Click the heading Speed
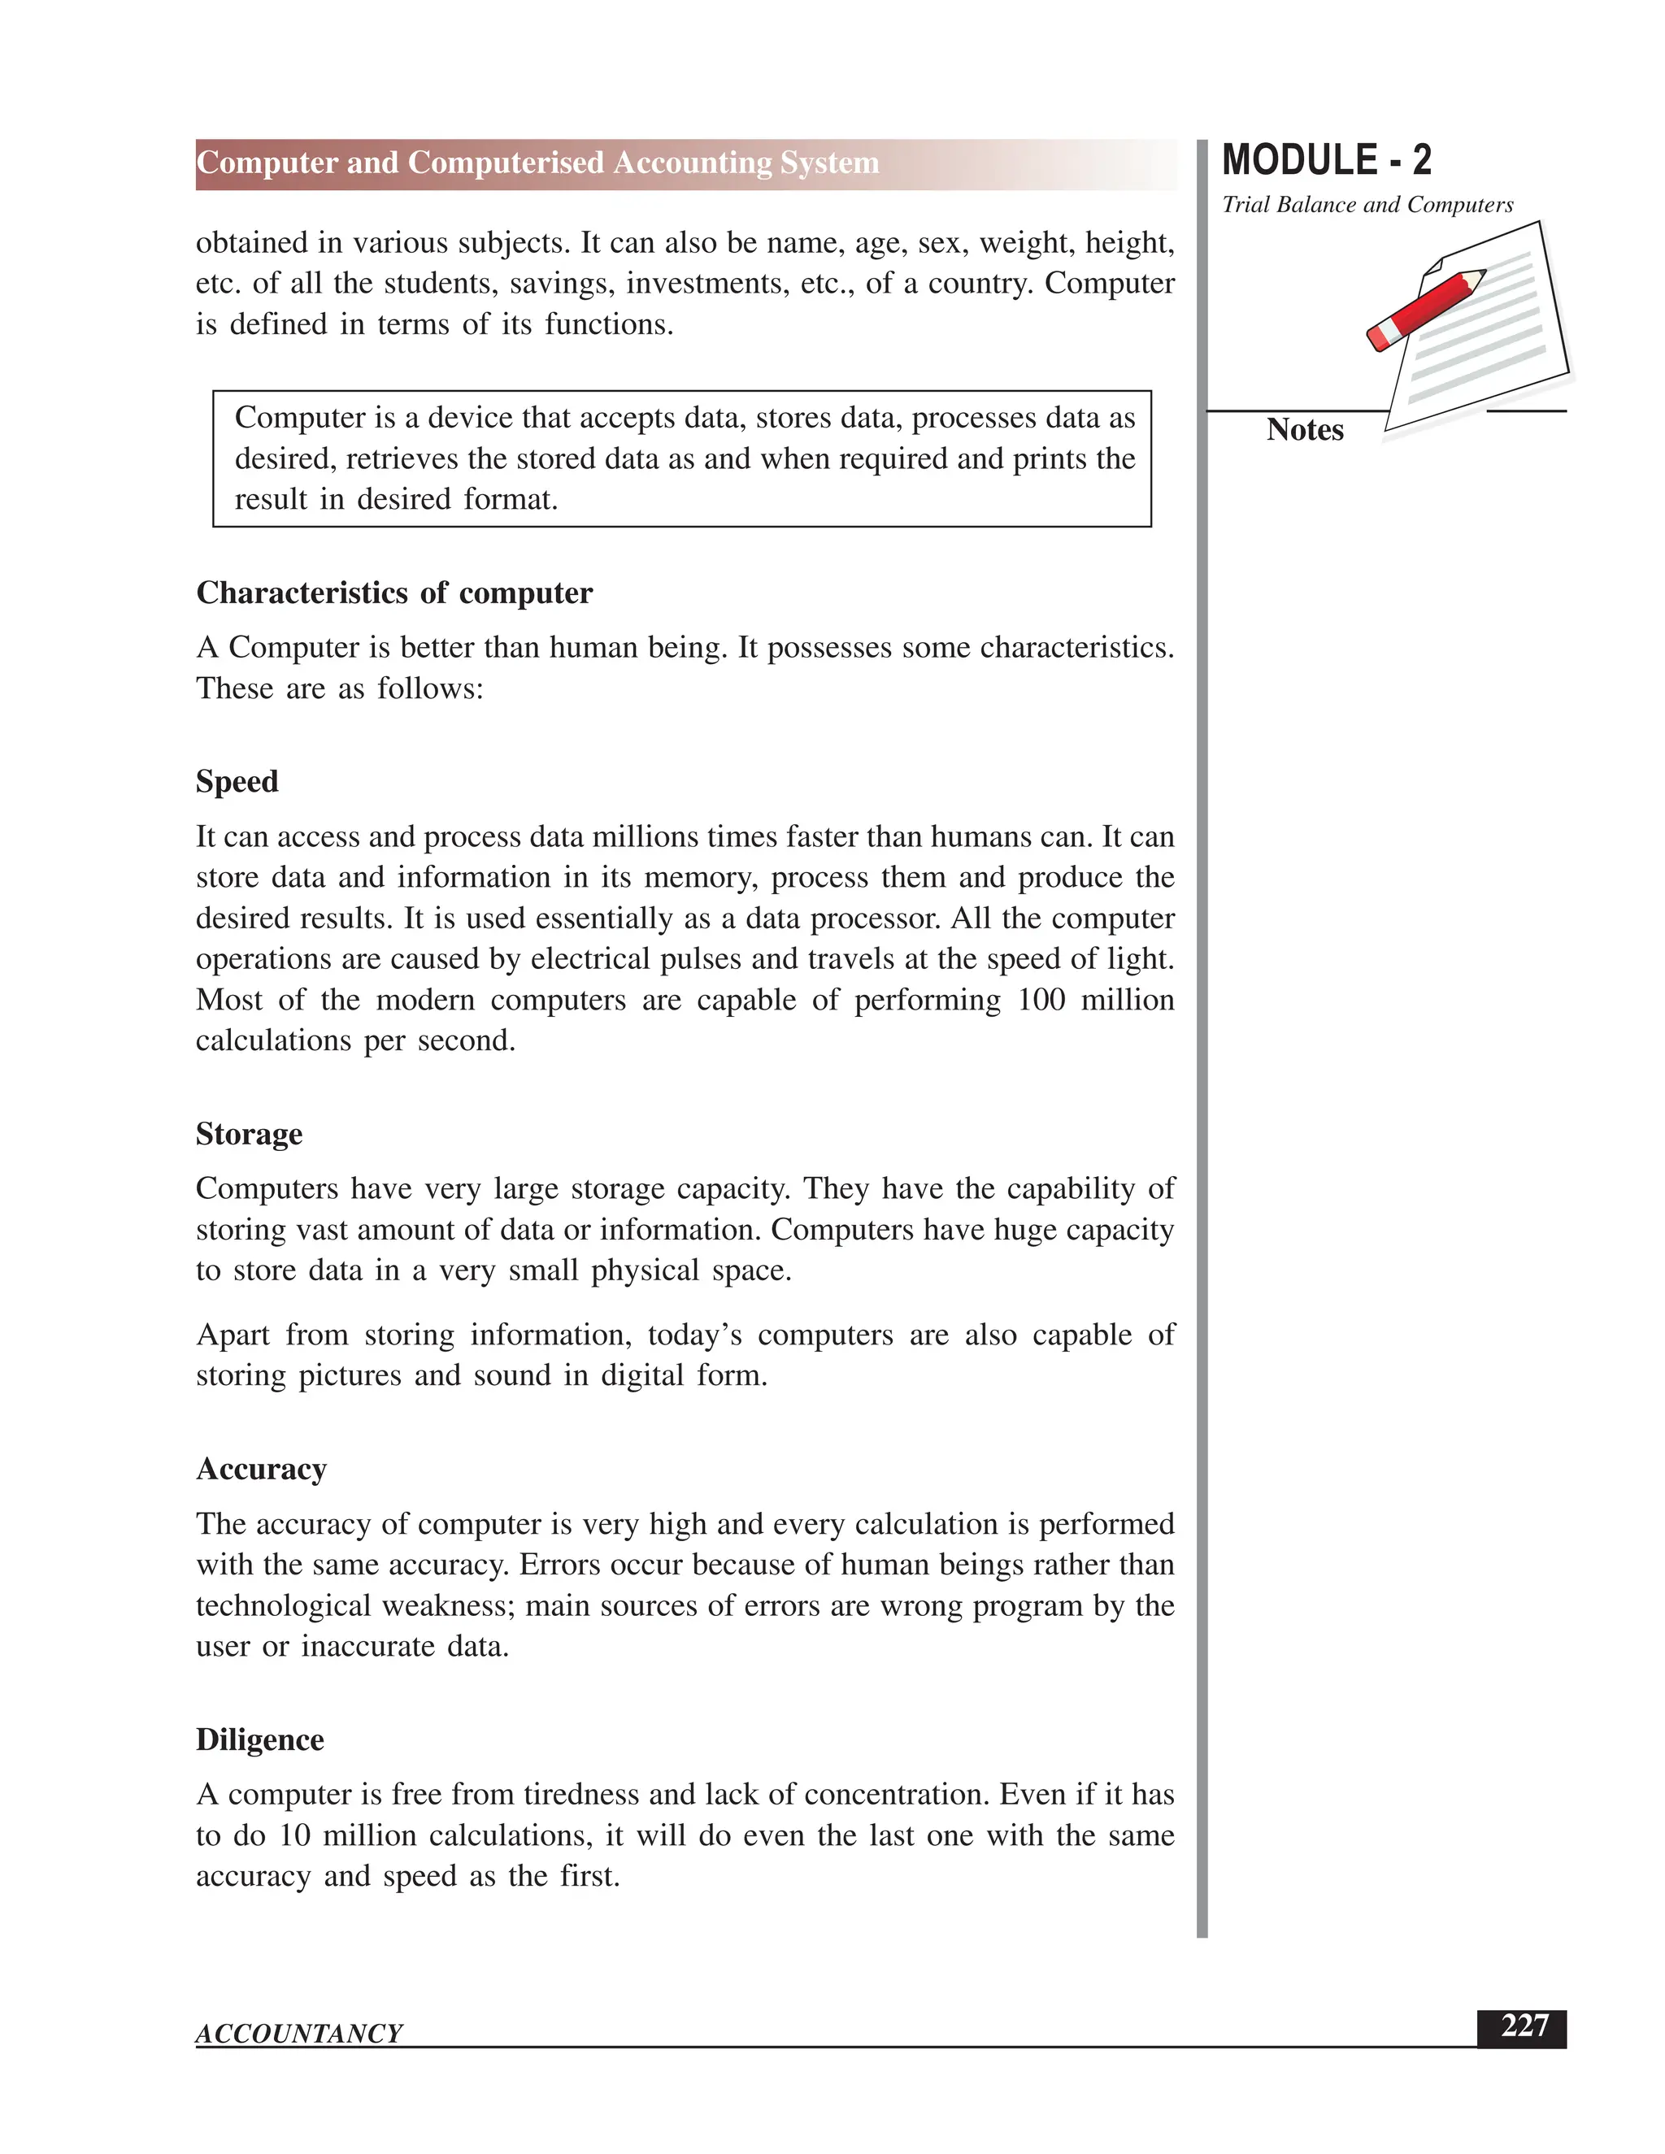[237, 782]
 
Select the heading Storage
[249, 1134]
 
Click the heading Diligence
[259, 1739]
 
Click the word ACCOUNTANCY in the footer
[299, 2034]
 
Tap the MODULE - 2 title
[1327, 161]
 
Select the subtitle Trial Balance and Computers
[1367, 205]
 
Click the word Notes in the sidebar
[1305, 430]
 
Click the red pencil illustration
[1424, 310]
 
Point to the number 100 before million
[1041, 1000]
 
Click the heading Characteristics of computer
[394, 593]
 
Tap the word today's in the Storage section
[694, 1335]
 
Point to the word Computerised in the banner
[505, 163]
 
